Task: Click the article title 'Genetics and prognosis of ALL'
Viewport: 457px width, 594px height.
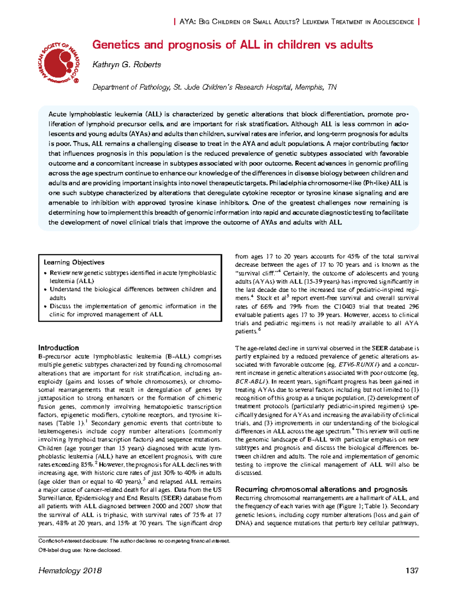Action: (232, 45)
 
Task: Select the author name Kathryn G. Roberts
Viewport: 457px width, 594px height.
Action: (126, 65)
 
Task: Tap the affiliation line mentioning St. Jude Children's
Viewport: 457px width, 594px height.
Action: (214, 87)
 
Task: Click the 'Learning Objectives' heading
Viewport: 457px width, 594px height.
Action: (74, 262)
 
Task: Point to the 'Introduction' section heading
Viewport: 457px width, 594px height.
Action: (58, 348)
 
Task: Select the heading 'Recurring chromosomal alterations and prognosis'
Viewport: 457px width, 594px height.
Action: (321, 489)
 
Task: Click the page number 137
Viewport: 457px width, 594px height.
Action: (412, 570)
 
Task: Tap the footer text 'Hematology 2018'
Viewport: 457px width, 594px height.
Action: (70, 570)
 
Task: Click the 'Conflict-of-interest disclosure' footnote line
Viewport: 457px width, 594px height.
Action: (134, 541)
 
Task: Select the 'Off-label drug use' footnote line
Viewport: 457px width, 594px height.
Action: (80, 550)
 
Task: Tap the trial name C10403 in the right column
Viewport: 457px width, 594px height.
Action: (346, 307)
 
